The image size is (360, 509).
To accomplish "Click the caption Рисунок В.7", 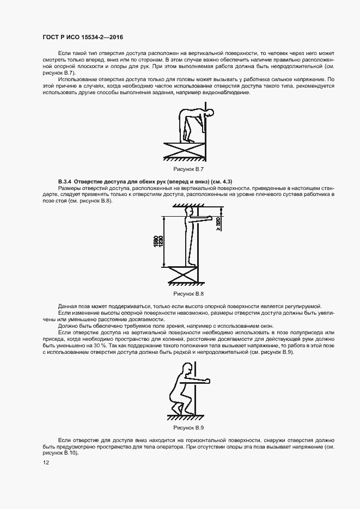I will tap(184, 169).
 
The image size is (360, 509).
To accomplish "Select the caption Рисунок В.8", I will tap(184, 293).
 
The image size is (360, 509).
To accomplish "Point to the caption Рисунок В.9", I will tap(184, 428).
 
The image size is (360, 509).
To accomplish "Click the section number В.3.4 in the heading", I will tap(65, 180).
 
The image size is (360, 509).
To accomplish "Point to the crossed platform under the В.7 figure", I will tap(186, 147).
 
